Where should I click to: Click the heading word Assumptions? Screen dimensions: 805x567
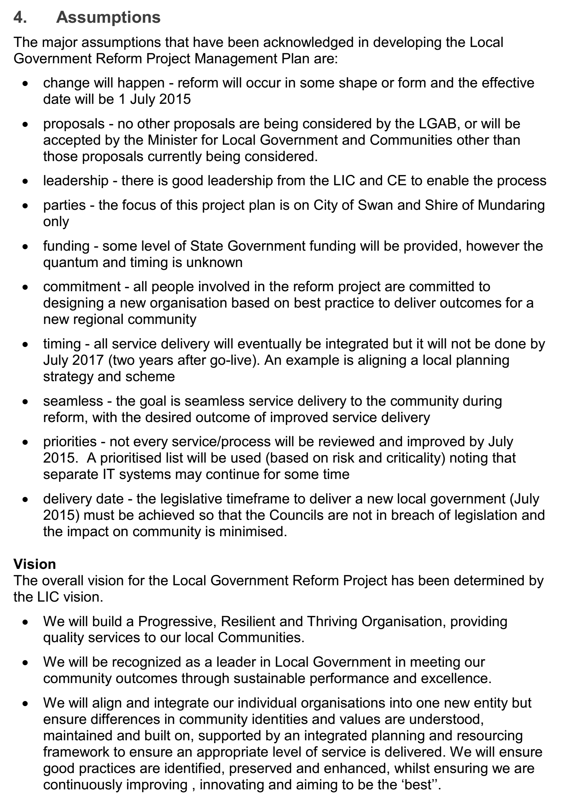(x=108, y=17)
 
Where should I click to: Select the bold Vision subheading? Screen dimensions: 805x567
(x=35, y=564)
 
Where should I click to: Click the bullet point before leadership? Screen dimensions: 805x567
(x=25, y=181)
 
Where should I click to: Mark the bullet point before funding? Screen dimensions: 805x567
(x=25, y=246)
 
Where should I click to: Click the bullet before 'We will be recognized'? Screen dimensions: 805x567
(x=25, y=663)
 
